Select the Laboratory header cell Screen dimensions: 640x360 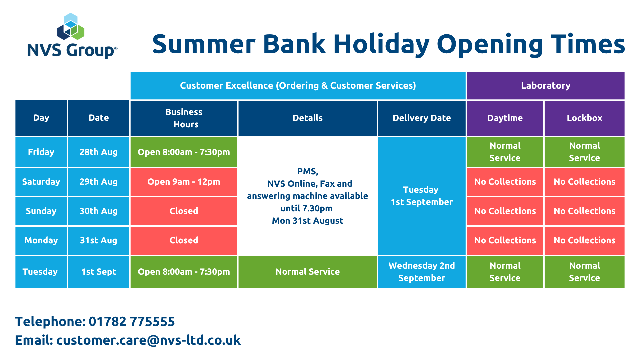546,86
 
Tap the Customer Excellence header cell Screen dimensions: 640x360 298,86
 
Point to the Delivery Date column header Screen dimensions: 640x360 422,118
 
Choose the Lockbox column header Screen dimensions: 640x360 585,118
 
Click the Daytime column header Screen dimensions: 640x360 505,118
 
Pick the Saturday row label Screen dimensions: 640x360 41,182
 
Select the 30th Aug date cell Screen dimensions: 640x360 99,211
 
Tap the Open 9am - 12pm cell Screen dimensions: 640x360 184,182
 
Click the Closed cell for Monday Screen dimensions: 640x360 184,240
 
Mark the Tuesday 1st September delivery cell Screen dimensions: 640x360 422,196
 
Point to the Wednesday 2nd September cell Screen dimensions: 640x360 422,272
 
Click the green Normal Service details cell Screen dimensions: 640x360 308,272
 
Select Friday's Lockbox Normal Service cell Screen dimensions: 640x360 585,152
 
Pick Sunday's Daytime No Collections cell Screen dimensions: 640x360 505,211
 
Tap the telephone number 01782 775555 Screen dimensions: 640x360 132,322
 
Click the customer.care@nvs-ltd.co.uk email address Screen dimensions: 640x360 148,340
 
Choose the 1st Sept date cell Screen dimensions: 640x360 99,272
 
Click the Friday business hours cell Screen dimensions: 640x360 184,152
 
